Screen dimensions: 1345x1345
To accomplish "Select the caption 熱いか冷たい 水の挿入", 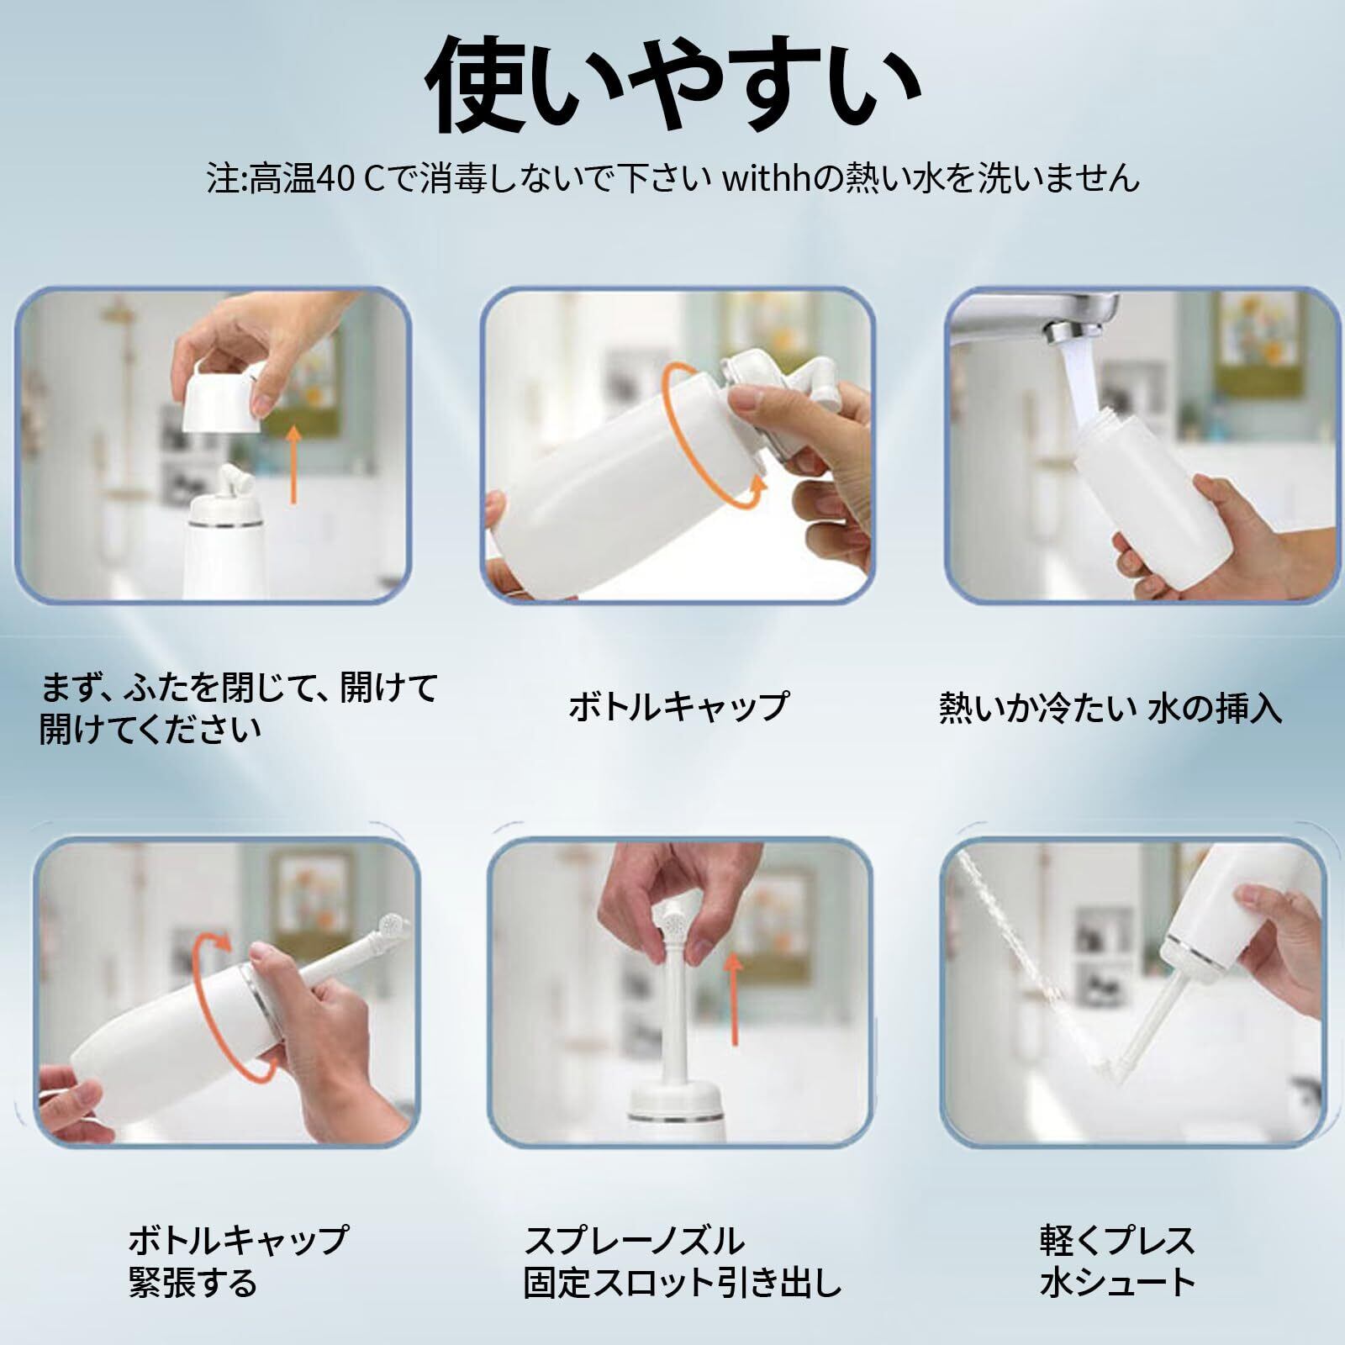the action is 1110,707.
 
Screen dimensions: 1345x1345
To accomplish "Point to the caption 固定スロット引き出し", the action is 683,1283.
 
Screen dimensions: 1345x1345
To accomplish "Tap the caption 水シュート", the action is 1117,1283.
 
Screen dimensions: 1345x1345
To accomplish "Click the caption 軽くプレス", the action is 1117,1240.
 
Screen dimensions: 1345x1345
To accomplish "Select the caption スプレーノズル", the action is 635,1240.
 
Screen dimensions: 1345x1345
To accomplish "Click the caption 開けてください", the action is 150,729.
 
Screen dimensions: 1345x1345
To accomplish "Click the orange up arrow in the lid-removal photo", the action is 293,465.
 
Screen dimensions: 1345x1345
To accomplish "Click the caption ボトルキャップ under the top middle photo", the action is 679,706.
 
